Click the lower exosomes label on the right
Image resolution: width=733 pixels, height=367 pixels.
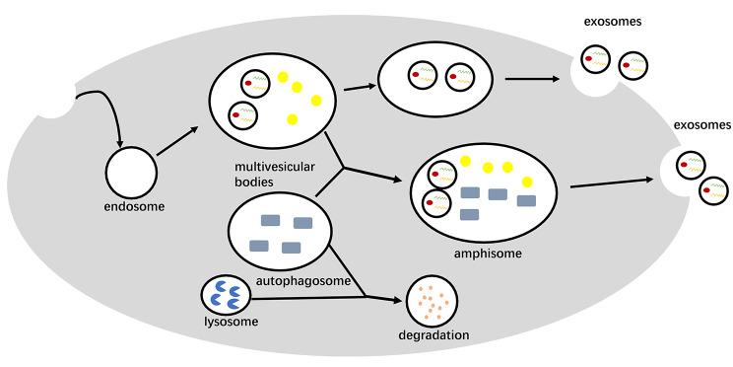click(x=700, y=125)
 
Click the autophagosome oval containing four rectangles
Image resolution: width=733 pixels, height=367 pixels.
click(x=281, y=233)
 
